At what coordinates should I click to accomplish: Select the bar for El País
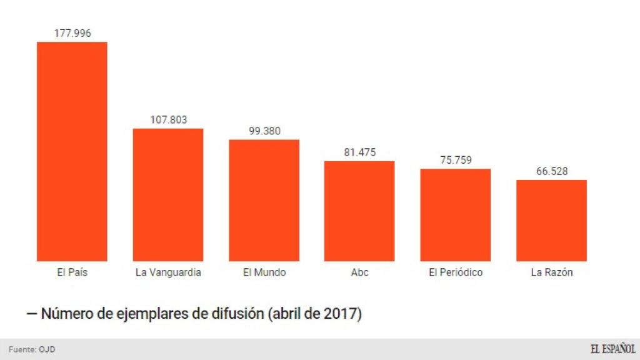pyautogui.click(x=72, y=151)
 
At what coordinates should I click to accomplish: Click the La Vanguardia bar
pyautogui.click(x=168, y=195)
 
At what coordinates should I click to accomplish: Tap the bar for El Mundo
pyautogui.click(x=264, y=201)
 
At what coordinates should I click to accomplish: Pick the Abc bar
pyautogui.click(x=359, y=211)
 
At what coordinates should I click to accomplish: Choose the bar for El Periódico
pyautogui.click(x=456, y=215)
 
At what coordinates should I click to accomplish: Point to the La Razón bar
pyautogui.click(x=551, y=221)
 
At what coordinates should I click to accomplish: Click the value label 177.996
pyautogui.click(x=72, y=33)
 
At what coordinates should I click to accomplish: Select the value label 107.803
pyautogui.click(x=169, y=119)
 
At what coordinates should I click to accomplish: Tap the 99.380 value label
pyautogui.click(x=264, y=131)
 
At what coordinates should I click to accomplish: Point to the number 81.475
pyautogui.click(x=360, y=152)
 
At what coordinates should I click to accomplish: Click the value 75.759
pyautogui.click(x=456, y=160)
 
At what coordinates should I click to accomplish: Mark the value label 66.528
pyautogui.click(x=552, y=171)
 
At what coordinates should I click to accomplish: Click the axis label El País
pyautogui.click(x=72, y=272)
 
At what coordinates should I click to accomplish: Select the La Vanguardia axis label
pyautogui.click(x=168, y=272)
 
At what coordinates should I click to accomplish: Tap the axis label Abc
pyautogui.click(x=359, y=272)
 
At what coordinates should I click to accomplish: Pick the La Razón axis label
pyautogui.click(x=552, y=272)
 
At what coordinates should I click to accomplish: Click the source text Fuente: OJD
pyautogui.click(x=32, y=349)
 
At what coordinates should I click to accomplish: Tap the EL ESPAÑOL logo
pyautogui.click(x=613, y=349)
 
